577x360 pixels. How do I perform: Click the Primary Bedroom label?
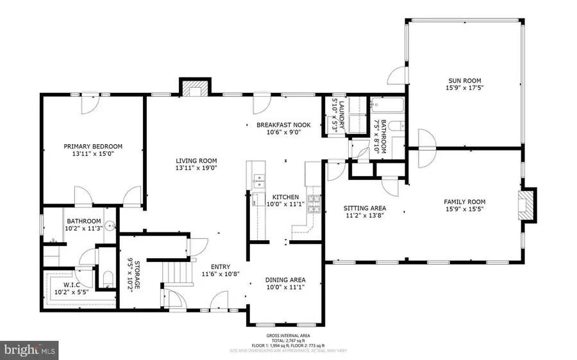(93, 146)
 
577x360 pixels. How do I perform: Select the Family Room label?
(464, 201)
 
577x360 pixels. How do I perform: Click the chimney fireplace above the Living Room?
(194, 87)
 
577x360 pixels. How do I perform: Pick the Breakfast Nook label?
(283, 125)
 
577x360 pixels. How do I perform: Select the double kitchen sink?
(258, 181)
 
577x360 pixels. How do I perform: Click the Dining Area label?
(286, 279)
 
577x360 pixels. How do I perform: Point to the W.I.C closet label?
(75, 284)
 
